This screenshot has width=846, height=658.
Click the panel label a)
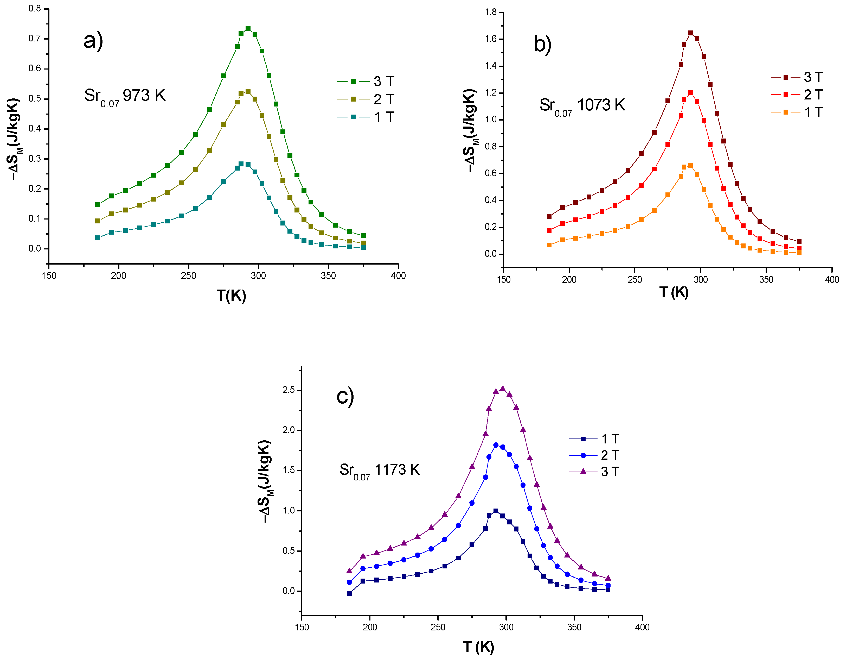pyautogui.click(x=93, y=40)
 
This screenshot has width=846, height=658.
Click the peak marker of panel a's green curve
pyautogui.click(x=248, y=28)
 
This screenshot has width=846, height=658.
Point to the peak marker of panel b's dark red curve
pyautogui.click(x=690, y=33)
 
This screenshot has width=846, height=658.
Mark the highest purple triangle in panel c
pyautogui.click(x=502, y=388)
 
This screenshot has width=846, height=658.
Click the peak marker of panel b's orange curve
pyautogui.click(x=690, y=166)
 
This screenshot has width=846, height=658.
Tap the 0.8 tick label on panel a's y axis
pyautogui.click(x=35, y=9)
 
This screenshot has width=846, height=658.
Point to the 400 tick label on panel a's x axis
pyautogui.click(x=398, y=276)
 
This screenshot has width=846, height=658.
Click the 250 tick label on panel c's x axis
pyautogui.click(x=438, y=627)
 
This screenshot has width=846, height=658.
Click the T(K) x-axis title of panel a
pyautogui.click(x=231, y=296)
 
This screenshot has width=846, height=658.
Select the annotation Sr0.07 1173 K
pyautogui.click(x=379, y=470)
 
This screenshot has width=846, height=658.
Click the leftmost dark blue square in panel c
pyautogui.click(x=349, y=593)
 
